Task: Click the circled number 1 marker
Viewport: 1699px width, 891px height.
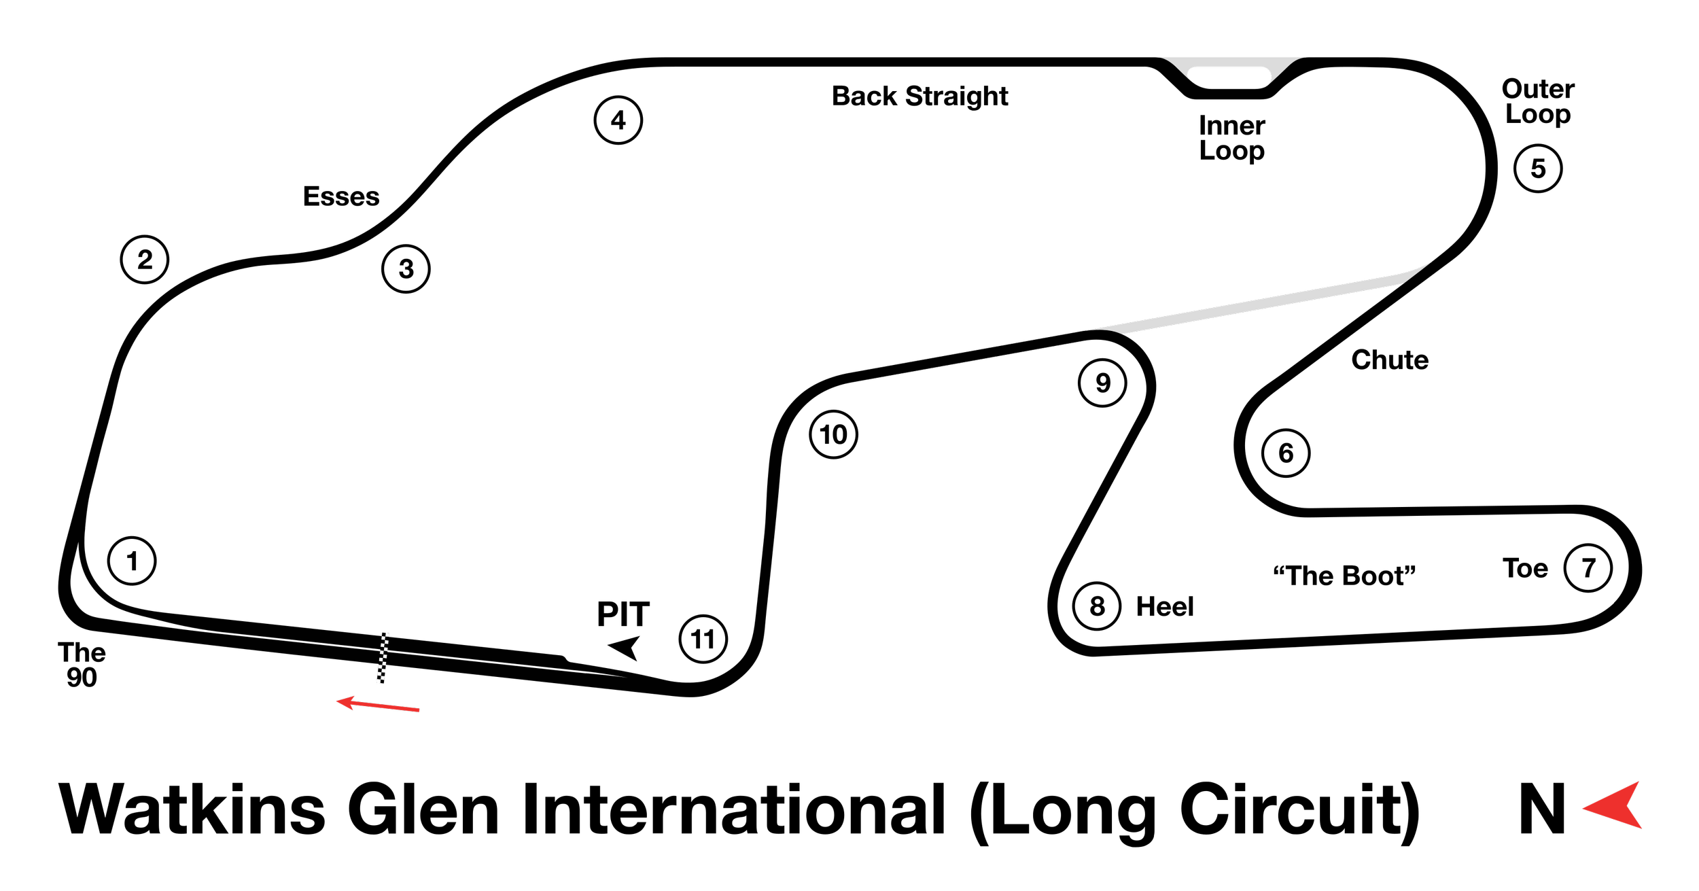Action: [132, 561]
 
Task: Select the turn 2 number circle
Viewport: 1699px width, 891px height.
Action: [145, 260]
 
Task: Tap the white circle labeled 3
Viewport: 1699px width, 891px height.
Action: [406, 268]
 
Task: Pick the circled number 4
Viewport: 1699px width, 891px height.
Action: [618, 120]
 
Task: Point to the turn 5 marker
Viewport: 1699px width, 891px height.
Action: [1538, 169]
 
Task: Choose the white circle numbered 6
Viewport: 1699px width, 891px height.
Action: [1286, 453]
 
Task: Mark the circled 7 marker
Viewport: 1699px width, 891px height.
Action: [1588, 567]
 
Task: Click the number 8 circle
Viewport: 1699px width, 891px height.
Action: [1097, 606]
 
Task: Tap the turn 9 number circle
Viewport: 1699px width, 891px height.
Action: [1102, 383]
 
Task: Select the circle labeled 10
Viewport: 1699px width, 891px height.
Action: [834, 434]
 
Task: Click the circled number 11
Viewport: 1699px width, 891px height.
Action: [703, 639]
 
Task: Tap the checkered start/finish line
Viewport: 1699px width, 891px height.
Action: [383, 658]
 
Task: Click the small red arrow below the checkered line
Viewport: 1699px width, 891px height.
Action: [378, 705]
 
